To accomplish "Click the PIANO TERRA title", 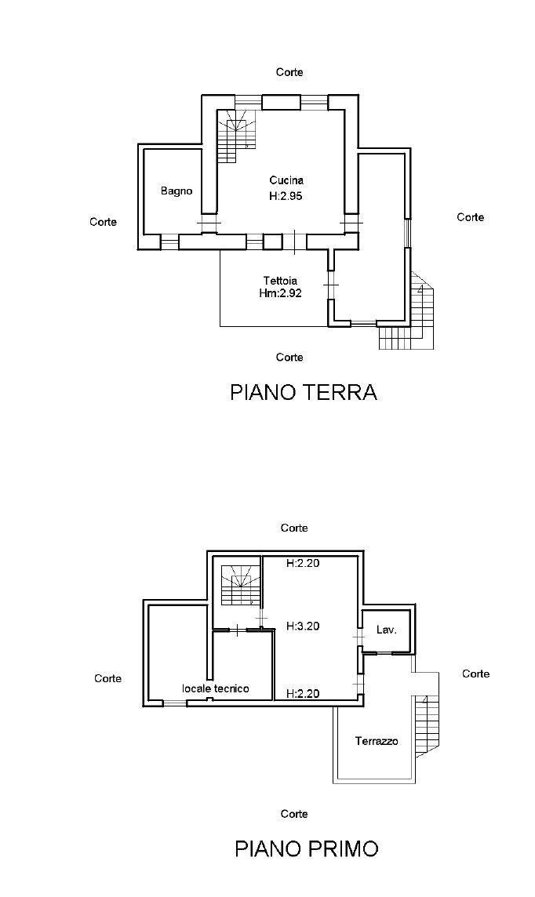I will point(303,392).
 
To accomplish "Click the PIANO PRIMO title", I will point(306,848).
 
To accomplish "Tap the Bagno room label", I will point(177,191).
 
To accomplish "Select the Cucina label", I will point(286,180).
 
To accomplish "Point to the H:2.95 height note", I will point(286,196).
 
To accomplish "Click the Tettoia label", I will point(280,280).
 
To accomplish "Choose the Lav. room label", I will point(385,630).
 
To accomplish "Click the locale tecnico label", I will point(216,688).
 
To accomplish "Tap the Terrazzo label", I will point(376,741).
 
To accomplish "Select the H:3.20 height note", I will point(302,626).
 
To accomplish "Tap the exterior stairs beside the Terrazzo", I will point(428,725).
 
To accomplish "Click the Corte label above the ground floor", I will point(289,72).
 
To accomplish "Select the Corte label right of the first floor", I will point(475,674).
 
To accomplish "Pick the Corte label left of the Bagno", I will point(103,222).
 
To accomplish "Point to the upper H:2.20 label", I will point(302,562).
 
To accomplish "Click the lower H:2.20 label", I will point(302,693).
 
